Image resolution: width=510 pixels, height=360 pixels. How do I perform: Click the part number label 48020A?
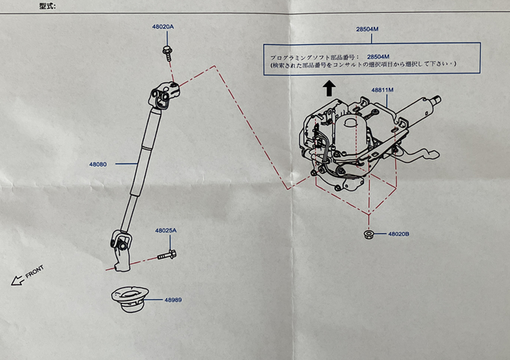pos(163,27)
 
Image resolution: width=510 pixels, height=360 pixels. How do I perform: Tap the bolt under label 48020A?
pos(167,53)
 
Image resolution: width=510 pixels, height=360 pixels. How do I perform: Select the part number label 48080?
pos(98,164)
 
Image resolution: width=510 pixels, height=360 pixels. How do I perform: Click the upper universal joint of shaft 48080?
pos(165,95)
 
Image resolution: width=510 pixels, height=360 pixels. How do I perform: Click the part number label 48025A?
pos(166,230)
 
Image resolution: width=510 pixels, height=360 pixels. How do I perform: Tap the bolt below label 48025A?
pos(167,255)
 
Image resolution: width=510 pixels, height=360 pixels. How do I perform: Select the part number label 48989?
pos(173,300)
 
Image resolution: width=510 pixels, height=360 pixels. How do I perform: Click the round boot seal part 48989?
pos(130,298)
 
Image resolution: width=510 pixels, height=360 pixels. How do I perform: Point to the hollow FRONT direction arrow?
pos(18,280)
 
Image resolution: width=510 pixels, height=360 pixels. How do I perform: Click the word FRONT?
pos(34,271)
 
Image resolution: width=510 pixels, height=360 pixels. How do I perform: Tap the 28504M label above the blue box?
pos(367,29)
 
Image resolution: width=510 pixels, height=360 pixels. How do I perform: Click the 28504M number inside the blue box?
pos(378,57)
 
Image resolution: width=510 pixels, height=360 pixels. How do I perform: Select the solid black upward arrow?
pos(329,88)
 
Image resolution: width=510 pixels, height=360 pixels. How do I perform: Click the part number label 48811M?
pos(382,90)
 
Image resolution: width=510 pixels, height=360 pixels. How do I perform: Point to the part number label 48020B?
pos(399,234)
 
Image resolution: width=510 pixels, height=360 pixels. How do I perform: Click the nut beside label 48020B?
pos(368,234)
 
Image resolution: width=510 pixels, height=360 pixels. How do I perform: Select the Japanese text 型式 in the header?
pos(47,6)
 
